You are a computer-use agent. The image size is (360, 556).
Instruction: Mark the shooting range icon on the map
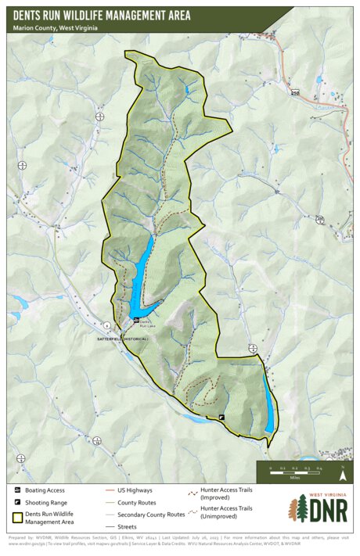point(221,418)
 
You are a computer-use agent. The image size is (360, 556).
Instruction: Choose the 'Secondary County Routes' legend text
point(151,515)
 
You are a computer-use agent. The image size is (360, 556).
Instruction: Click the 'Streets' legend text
point(127,528)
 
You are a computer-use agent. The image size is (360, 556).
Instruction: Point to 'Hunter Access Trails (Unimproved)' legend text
point(226,512)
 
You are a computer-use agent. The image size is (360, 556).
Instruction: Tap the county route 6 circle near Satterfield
point(106,324)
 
